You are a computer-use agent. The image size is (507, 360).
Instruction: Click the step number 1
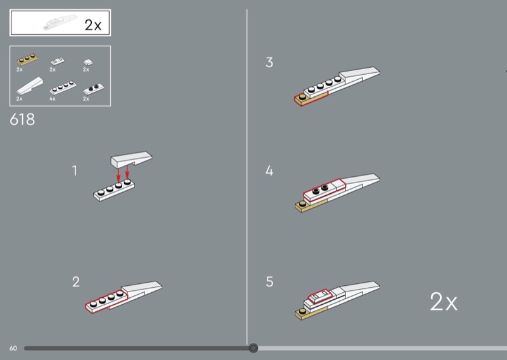[75, 170]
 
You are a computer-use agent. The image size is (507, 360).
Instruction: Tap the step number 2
[76, 282]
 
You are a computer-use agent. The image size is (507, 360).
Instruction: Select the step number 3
[269, 62]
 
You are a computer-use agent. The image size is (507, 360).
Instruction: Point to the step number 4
[269, 170]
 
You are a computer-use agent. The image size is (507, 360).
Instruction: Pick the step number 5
[270, 282]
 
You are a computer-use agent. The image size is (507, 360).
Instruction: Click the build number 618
[22, 120]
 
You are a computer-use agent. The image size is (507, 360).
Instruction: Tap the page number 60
[13, 349]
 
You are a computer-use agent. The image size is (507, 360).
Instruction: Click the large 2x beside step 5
[444, 302]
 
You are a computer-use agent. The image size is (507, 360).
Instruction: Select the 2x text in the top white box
[93, 25]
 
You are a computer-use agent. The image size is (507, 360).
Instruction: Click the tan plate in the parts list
[27, 59]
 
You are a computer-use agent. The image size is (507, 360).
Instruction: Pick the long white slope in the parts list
[30, 86]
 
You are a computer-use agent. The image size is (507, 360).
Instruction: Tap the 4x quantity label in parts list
[53, 99]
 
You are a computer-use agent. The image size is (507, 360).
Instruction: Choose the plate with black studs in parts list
[94, 88]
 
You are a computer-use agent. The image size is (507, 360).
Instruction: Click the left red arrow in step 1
[119, 175]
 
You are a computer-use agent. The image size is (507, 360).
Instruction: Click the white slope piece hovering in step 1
[131, 159]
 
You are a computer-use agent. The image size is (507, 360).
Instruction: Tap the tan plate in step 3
[311, 98]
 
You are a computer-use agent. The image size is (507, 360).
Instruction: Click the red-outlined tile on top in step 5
[320, 296]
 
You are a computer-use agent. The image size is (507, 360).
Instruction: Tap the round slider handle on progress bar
[253, 348]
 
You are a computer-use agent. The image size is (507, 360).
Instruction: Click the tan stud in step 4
[302, 204]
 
